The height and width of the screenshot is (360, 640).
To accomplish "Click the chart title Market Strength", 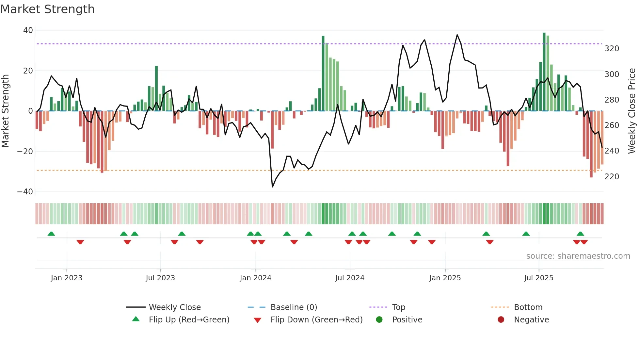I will (47, 9).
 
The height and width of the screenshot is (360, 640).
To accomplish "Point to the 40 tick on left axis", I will (28, 30).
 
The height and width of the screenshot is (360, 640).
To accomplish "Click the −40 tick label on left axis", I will (25, 192).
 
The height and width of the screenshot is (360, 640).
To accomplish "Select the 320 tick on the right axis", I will (612, 49).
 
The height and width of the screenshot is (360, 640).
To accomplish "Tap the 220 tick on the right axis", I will (612, 177).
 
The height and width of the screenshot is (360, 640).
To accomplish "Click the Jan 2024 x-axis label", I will (255, 278).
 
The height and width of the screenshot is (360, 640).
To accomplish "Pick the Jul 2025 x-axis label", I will (538, 278).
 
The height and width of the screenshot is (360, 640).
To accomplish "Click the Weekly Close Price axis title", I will (632, 111).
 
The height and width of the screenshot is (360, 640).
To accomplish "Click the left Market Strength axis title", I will (5, 111).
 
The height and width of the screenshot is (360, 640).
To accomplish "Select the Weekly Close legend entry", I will (175, 307).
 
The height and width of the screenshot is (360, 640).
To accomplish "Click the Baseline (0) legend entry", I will (294, 307).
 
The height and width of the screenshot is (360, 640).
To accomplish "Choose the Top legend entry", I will (398, 307).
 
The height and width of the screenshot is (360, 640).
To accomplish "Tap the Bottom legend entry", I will (528, 307).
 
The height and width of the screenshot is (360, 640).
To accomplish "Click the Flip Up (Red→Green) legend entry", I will (189, 320).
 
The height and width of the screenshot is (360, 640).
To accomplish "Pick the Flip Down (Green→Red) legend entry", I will (316, 320).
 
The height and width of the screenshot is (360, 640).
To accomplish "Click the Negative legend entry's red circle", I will (501, 320).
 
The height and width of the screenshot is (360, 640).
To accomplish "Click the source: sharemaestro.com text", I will (578, 256).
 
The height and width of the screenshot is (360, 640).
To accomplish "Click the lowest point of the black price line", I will (272, 187).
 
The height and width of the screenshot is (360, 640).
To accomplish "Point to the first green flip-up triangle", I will (51, 234).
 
